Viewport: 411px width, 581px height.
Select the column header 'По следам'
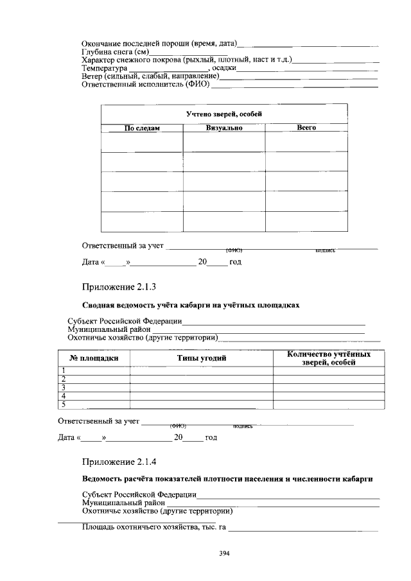[x=142, y=128]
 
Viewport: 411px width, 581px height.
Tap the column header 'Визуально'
[x=224, y=128]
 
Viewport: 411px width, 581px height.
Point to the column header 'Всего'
[x=306, y=128]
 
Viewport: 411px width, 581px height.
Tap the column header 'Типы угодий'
[x=202, y=358]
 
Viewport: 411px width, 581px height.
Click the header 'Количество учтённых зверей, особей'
[x=329, y=358]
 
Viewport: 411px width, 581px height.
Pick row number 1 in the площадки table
[x=64, y=370]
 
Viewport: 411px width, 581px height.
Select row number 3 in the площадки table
[x=64, y=387]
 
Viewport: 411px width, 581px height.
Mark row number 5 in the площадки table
[x=64, y=404]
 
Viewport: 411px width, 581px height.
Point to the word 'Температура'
[x=105, y=68]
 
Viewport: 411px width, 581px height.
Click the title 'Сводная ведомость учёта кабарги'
[x=191, y=304]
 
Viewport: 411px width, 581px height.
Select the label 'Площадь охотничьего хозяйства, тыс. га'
[x=154, y=528]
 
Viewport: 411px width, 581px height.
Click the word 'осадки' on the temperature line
[x=225, y=68]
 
